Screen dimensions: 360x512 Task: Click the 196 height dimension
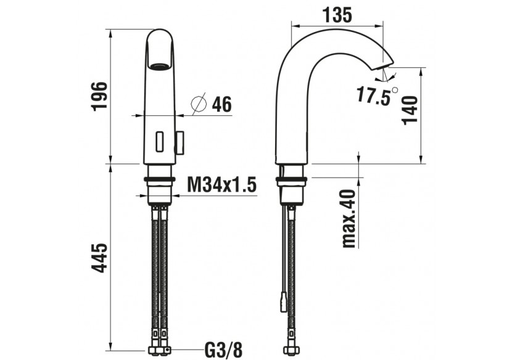coord(99,96)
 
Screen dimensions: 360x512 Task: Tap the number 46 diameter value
coord(221,105)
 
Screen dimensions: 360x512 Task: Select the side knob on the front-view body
coord(180,144)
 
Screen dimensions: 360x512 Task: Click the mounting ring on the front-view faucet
coord(160,180)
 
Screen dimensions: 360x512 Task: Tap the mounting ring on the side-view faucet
coord(292,181)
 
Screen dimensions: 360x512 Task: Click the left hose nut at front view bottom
coord(154,352)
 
